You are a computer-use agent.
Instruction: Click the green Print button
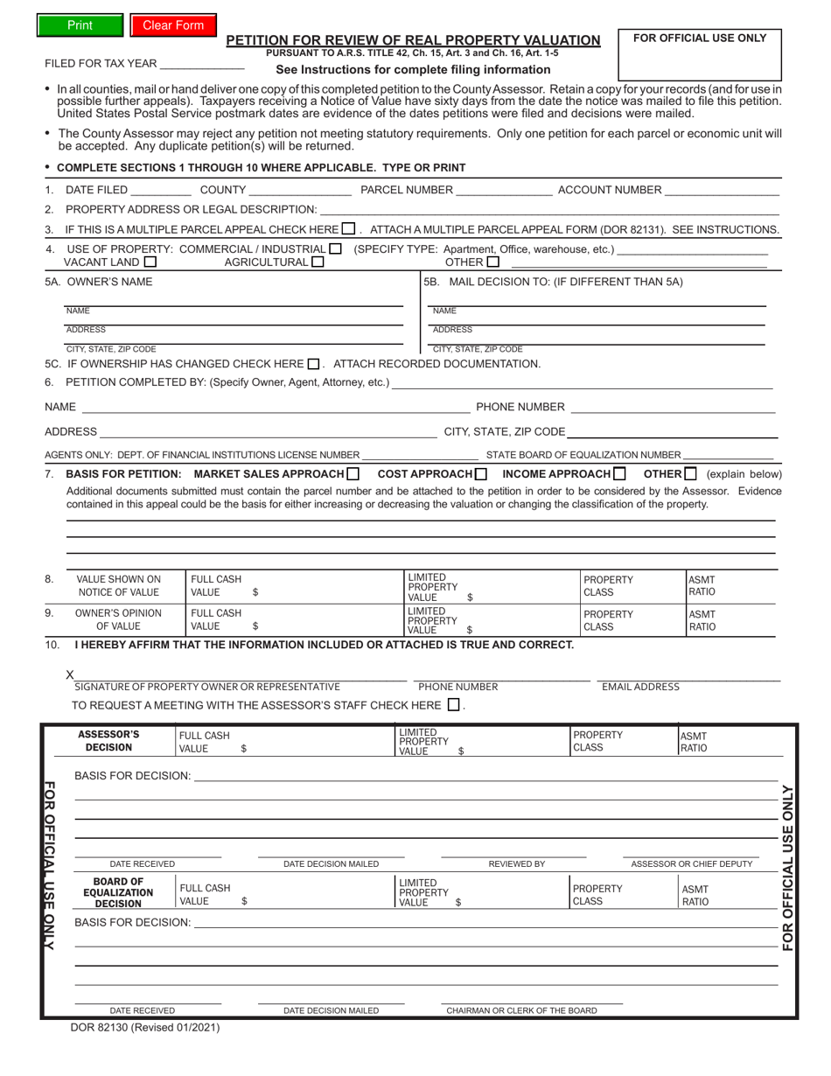pyautogui.click(x=80, y=25)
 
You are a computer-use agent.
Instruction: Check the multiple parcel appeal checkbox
pyautogui.click(x=348, y=229)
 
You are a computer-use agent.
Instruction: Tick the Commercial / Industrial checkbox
pyautogui.click(x=336, y=248)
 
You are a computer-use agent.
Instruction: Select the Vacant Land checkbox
pyautogui.click(x=150, y=262)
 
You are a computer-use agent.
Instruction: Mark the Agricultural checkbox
pyautogui.click(x=318, y=262)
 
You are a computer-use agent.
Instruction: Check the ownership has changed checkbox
pyautogui.click(x=314, y=364)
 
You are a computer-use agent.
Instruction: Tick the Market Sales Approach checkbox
pyautogui.click(x=353, y=474)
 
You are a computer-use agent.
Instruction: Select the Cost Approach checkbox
pyautogui.click(x=481, y=474)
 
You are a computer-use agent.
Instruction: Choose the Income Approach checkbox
pyautogui.click(x=619, y=474)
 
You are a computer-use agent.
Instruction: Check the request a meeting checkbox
pyautogui.click(x=453, y=705)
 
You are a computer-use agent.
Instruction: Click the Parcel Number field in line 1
pyautogui.click(x=504, y=191)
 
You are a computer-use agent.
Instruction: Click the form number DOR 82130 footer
pyautogui.click(x=145, y=1028)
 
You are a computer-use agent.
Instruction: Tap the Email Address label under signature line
pyautogui.click(x=640, y=687)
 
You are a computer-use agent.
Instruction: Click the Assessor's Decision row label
pyautogui.click(x=108, y=741)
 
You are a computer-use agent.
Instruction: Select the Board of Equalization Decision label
pyautogui.click(x=118, y=892)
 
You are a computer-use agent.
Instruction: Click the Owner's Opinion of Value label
pyautogui.click(x=118, y=619)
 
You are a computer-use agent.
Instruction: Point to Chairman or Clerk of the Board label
pyautogui.click(x=521, y=1010)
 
